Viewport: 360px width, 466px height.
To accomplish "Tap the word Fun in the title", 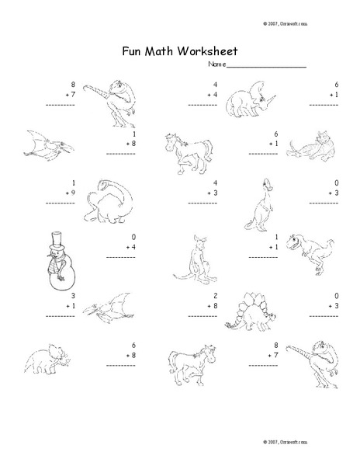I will tap(133, 51).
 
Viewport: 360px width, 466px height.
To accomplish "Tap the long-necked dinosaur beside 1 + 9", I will tap(108, 204).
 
